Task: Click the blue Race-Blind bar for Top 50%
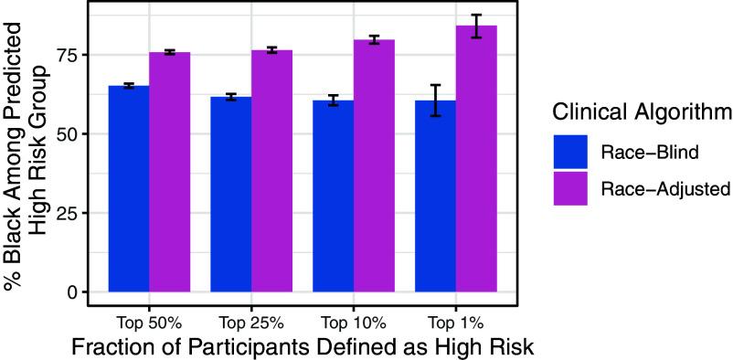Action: point(129,188)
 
